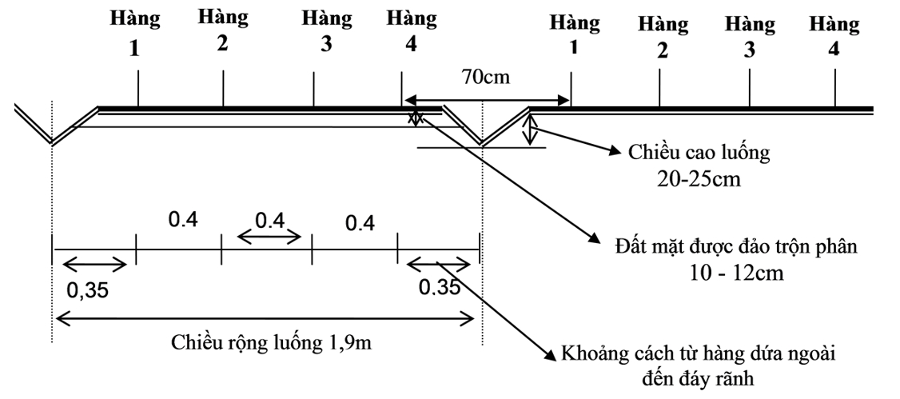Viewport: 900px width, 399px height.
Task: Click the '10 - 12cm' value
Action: (x=735, y=273)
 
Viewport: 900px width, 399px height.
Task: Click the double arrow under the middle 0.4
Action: (x=270, y=237)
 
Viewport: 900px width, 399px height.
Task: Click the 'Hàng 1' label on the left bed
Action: (x=135, y=33)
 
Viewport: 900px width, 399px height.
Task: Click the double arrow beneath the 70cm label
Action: (x=486, y=100)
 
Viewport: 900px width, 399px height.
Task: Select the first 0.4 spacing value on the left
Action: (x=183, y=218)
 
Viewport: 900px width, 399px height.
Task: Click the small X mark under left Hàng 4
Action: (x=415, y=118)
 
